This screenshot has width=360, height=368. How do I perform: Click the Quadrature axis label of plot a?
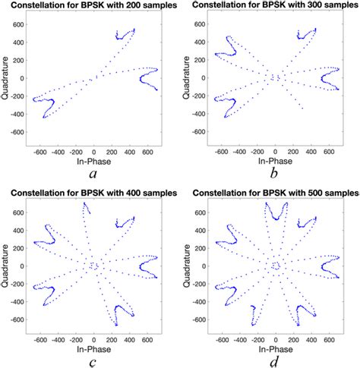pos(6,78)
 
